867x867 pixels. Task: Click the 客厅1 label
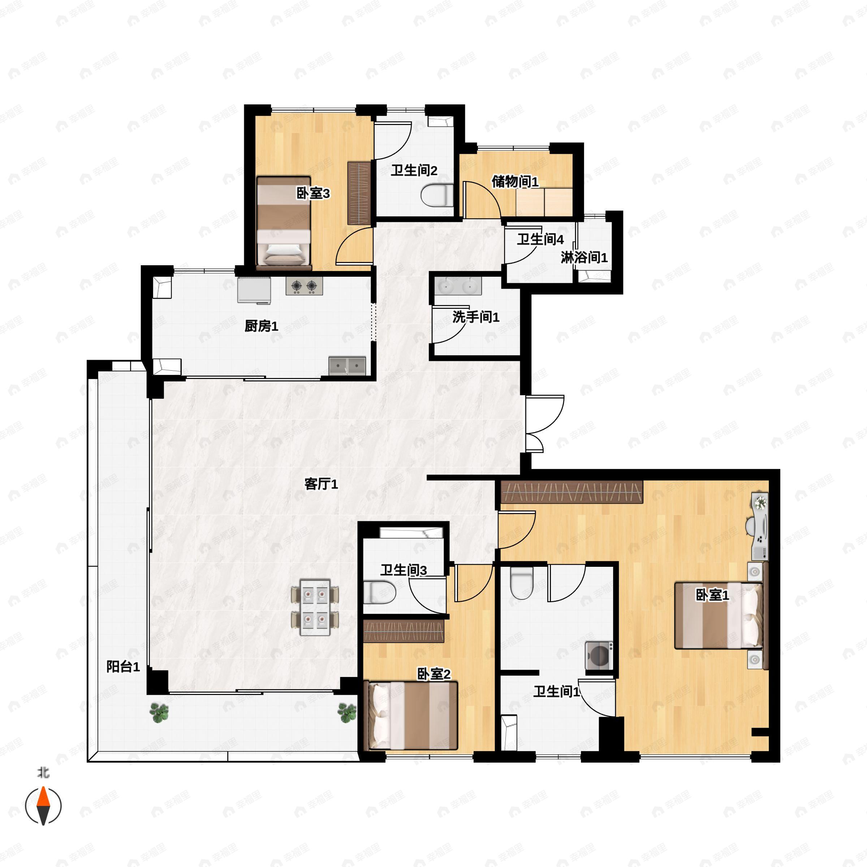(321, 484)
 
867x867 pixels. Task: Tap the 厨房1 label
(261, 326)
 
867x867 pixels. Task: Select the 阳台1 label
(123, 667)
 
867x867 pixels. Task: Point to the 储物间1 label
(515, 181)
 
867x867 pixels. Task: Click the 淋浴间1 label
(584, 258)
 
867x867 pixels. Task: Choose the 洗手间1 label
(476, 317)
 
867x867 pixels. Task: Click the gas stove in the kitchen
(304, 286)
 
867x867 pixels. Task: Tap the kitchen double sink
(347, 366)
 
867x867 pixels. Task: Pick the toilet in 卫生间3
(379, 592)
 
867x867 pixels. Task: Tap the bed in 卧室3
(284, 223)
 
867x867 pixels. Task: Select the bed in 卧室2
(413, 716)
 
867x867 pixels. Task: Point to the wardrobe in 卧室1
(572, 492)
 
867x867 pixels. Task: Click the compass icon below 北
(43, 806)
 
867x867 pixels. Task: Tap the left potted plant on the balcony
(159, 713)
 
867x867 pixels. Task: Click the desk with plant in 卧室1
(760, 526)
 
